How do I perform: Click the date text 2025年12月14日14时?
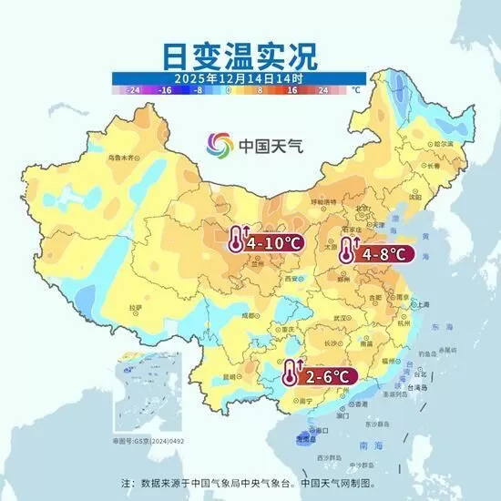(x=239, y=79)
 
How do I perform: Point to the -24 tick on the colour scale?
(x=133, y=91)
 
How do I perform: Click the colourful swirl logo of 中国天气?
(x=219, y=144)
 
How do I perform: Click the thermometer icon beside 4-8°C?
(x=347, y=251)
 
